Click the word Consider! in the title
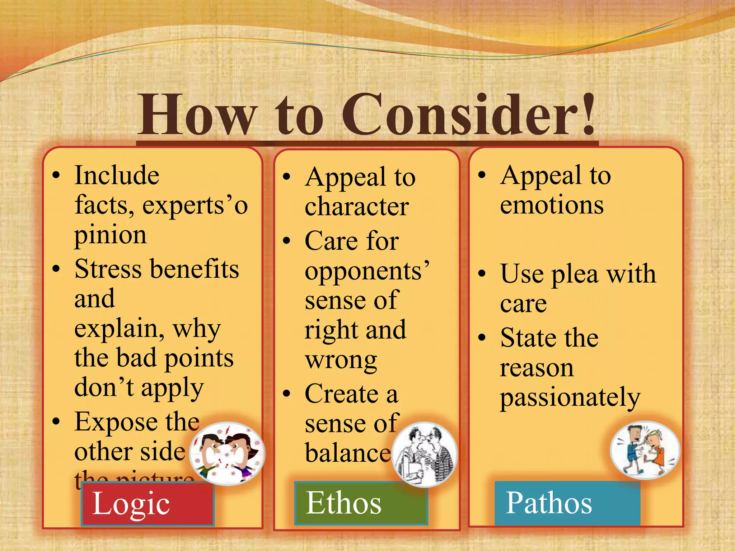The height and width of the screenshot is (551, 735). coord(468,115)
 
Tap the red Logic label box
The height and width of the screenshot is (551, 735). coord(148,504)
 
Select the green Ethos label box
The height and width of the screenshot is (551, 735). coord(361,503)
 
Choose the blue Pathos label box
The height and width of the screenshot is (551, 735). coord(567,503)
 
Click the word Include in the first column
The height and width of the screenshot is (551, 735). coord(117,176)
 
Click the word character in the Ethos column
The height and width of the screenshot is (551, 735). coord(357,207)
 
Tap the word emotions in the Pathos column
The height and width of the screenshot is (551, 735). coord(552,205)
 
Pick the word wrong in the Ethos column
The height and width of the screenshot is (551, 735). coord(341,360)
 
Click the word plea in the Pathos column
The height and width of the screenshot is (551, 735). coord(575,274)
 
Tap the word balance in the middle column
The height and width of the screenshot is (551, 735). coord(347,453)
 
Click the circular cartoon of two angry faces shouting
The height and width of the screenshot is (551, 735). coord(227,453)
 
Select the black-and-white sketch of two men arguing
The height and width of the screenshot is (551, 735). coord(425,454)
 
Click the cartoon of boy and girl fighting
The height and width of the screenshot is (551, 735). coord(645,451)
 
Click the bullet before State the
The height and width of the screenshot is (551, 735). coord(482,337)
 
